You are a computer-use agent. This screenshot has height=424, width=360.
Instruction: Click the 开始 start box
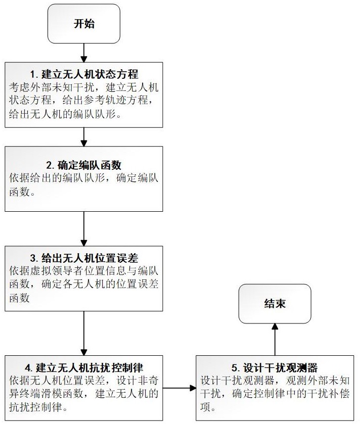click(84, 24)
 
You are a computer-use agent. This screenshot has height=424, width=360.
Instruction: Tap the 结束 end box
click(275, 303)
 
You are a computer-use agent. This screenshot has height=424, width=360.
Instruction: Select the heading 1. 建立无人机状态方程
click(84, 74)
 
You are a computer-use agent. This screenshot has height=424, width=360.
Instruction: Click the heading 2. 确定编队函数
click(84, 165)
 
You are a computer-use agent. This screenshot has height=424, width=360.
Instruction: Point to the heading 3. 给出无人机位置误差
click(84, 258)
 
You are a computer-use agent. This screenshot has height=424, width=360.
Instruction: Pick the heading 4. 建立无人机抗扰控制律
click(84, 367)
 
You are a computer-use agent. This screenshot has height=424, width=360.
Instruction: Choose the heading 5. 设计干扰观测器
click(275, 367)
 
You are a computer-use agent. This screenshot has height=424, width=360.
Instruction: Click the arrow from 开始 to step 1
click(84, 53)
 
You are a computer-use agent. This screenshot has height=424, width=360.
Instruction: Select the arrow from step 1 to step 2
click(84, 137)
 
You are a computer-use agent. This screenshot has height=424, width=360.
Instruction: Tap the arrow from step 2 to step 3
click(84, 229)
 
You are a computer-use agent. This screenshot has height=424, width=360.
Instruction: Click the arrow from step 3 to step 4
click(84, 333)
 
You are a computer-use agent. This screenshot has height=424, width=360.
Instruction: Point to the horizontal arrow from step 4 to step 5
click(179, 388)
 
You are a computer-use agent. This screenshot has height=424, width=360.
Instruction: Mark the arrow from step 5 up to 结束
click(275, 340)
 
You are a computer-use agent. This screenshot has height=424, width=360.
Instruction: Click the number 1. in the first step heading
click(34, 74)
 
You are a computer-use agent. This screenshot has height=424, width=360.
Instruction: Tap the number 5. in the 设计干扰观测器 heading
click(236, 368)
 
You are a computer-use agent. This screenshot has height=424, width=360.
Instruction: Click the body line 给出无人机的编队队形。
click(65, 114)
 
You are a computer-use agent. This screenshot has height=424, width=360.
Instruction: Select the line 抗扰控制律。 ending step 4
click(38, 407)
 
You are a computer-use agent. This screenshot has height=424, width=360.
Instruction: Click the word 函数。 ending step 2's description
click(22, 192)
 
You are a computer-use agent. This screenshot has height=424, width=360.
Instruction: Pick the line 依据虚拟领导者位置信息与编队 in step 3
click(84, 271)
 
